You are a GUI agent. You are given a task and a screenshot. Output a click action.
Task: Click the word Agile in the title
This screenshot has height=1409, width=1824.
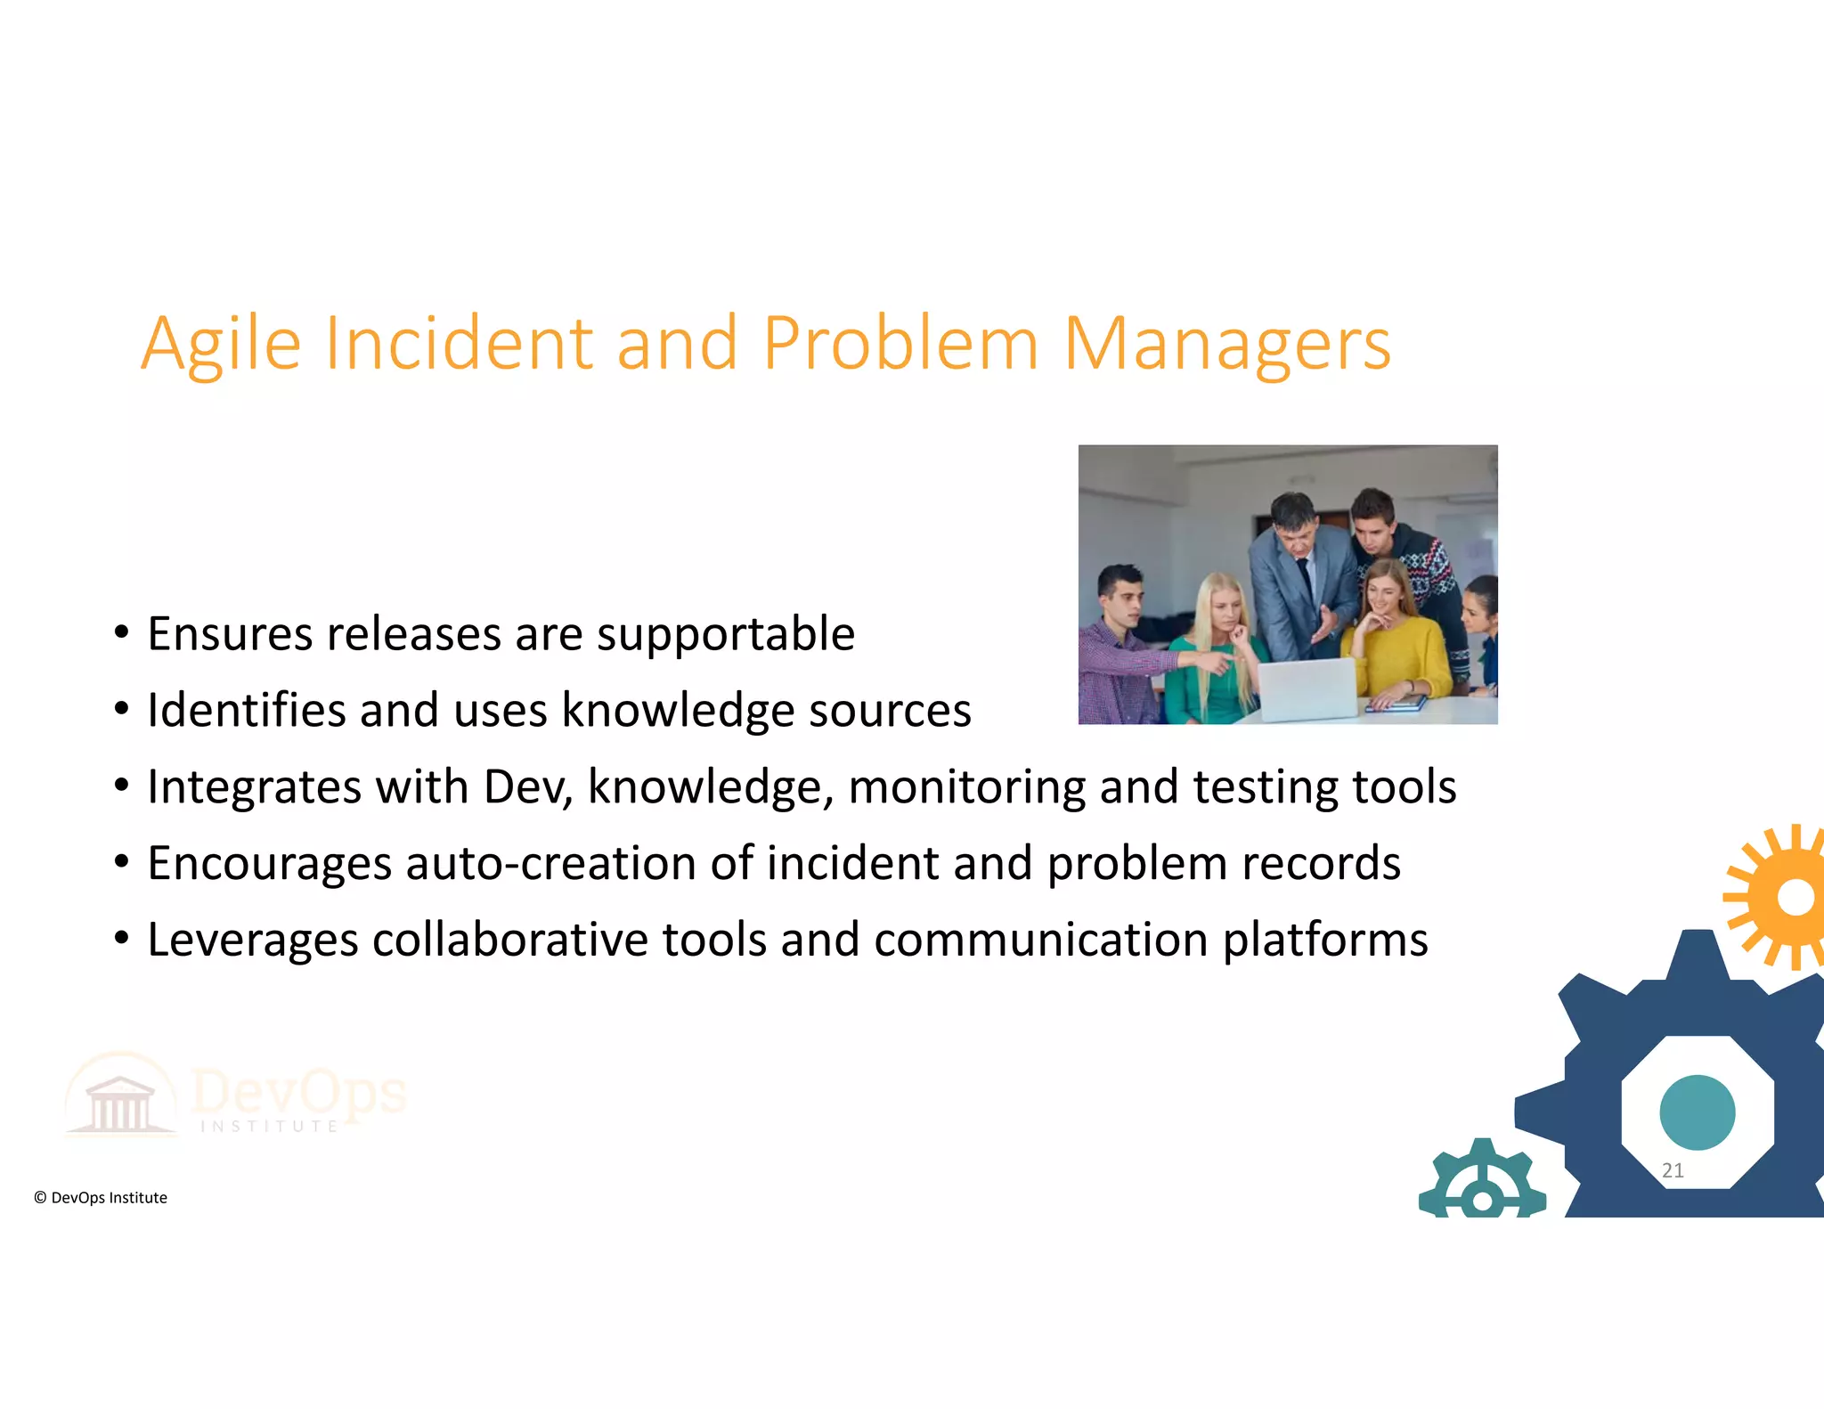[221, 346]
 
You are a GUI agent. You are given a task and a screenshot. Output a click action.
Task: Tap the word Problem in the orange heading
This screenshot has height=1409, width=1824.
[900, 344]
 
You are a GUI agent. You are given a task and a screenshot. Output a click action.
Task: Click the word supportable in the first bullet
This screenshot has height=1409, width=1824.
[725, 635]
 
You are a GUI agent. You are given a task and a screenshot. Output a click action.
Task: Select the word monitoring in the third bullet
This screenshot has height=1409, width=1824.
[966, 788]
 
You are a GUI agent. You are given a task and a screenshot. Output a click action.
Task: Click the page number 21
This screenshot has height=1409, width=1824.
[1673, 1170]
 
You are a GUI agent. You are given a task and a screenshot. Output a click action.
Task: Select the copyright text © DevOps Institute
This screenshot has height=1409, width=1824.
[101, 1198]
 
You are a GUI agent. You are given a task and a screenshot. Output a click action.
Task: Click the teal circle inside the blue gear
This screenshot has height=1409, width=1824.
[1697, 1112]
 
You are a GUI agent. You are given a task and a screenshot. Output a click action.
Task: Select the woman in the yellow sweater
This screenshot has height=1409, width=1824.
[1396, 641]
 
